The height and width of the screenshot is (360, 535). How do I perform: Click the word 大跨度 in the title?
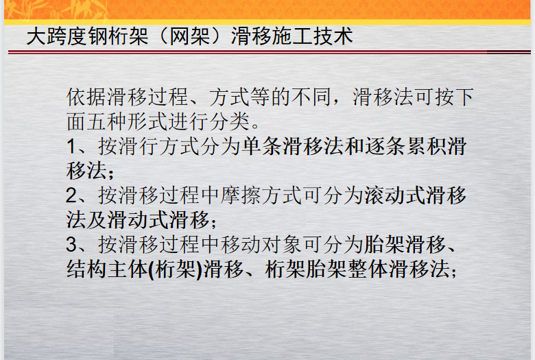point(57,36)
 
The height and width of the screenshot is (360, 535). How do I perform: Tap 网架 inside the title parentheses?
point(190,36)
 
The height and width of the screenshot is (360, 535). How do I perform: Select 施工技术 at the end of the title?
point(312,36)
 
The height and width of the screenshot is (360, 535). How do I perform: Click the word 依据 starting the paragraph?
point(86,97)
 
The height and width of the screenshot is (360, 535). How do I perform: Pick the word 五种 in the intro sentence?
point(107,121)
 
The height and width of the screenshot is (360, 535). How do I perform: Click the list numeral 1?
point(71,146)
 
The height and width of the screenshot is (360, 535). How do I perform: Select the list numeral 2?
point(71,195)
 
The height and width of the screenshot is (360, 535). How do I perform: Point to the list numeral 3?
point(71,245)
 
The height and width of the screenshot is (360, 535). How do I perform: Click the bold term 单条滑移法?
point(292,146)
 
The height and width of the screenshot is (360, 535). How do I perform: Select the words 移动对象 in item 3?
point(261,245)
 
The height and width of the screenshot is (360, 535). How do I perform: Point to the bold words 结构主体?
point(107,269)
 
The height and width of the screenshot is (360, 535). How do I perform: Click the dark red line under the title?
point(270,52)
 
